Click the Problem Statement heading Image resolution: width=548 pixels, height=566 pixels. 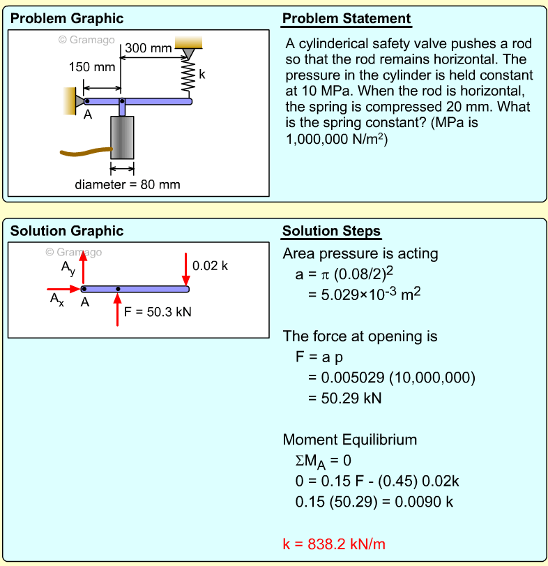click(x=347, y=19)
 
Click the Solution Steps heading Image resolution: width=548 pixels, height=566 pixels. click(x=331, y=232)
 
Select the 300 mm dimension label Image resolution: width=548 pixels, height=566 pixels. click(x=149, y=48)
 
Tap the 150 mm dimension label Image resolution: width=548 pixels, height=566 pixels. click(x=92, y=68)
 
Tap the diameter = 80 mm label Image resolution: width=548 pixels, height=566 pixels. click(x=128, y=185)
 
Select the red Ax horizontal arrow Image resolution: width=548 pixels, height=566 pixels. click(x=63, y=288)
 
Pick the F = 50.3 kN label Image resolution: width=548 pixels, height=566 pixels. click(x=158, y=312)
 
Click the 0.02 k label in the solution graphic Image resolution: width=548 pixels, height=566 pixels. click(x=210, y=266)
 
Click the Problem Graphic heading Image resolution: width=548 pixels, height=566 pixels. click(x=67, y=19)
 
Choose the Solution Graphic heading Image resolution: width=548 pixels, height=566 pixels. click(x=67, y=231)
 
